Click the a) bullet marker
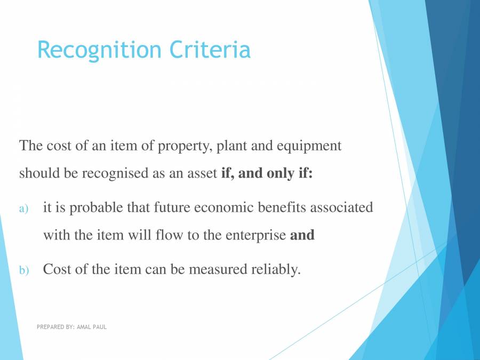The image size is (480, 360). tap(23, 209)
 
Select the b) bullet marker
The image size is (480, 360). tap(23, 270)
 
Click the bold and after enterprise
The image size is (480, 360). tap(302, 235)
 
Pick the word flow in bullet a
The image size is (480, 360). tap(171, 235)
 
